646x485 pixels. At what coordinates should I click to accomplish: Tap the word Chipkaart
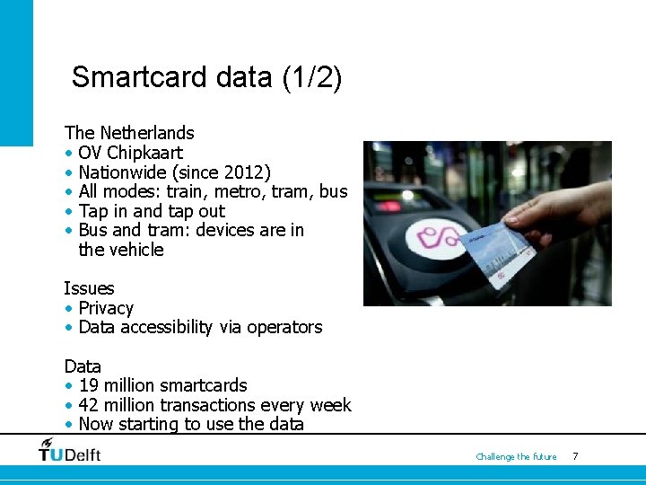144,153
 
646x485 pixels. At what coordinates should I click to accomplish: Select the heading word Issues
89,288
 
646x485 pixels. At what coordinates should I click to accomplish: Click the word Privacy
106,308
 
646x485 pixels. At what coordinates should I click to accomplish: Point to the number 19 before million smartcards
89,386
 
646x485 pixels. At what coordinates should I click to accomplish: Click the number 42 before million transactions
90,405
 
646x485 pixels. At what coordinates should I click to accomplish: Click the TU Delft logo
69,450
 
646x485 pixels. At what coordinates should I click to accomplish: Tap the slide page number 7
575,457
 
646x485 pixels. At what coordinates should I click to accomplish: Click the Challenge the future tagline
516,457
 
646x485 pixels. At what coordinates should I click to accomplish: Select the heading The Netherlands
129,133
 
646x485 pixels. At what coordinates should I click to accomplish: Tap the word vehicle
135,250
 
